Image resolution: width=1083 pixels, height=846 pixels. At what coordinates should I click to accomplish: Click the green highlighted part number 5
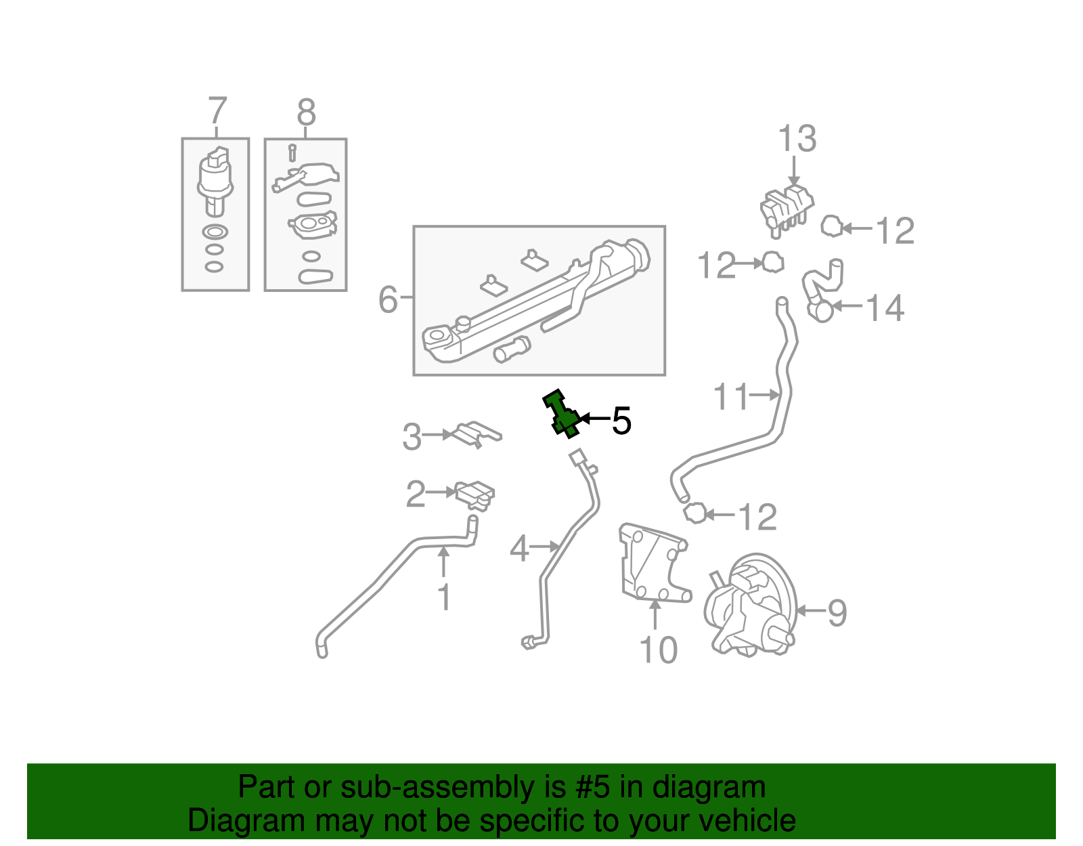pos(560,414)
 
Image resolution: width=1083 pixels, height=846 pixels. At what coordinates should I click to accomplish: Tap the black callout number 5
pos(621,421)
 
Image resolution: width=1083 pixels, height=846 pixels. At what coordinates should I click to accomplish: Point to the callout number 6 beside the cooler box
pos(388,299)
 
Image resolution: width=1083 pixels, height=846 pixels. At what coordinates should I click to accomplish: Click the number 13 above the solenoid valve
pos(797,139)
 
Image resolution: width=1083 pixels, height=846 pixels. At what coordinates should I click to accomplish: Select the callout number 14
pos(885,308)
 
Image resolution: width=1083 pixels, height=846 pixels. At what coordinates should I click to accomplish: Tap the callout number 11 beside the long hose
pos(731,396)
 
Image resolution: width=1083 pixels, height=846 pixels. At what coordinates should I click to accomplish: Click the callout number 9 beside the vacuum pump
pos(837,613)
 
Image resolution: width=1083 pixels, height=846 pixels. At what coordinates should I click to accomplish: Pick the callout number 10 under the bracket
pos(658,650)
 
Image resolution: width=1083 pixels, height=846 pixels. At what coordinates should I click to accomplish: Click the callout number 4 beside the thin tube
pos(519,548)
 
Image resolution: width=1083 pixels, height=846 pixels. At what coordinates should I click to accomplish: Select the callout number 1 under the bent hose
pos(444,597)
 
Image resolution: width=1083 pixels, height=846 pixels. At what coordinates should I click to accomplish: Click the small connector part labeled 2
pos(475,494)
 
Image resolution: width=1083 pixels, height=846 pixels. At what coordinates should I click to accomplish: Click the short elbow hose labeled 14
pos(820,288)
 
